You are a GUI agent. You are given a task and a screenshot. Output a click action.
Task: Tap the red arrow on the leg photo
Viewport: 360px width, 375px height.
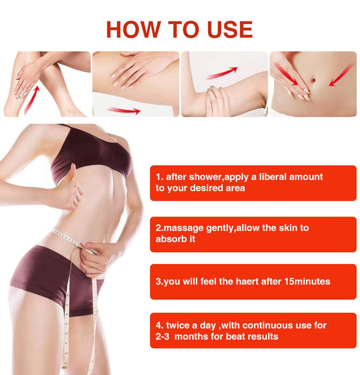click(x=31, y=101)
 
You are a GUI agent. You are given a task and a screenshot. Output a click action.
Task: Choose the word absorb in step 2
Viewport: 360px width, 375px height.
click(x=169, y=239)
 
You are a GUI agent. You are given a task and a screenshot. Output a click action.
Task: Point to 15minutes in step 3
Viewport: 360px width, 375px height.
click(x=305, y=281)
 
